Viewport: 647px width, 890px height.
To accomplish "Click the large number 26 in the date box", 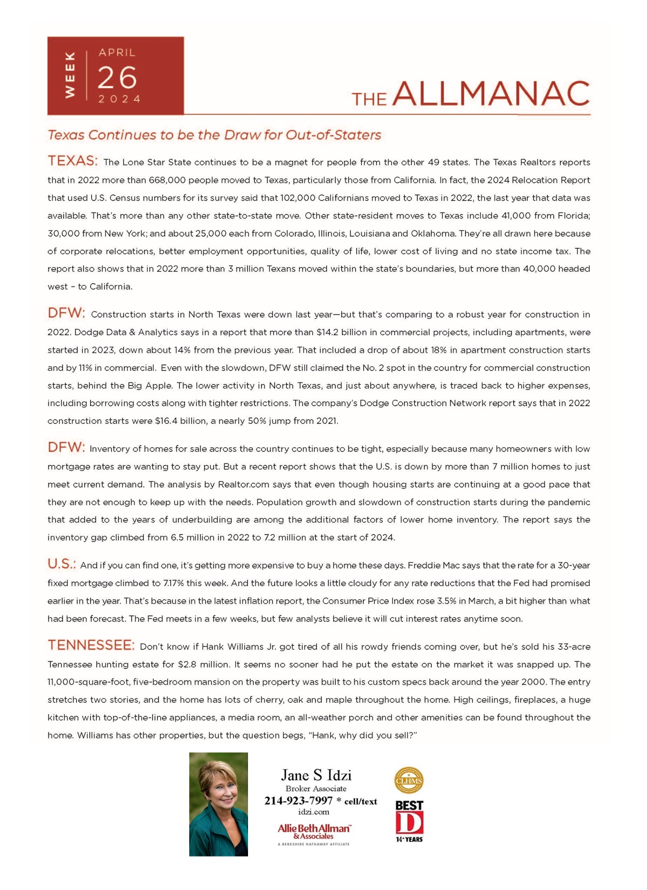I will [117, 78].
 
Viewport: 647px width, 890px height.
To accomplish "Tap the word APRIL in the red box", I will [117, 53].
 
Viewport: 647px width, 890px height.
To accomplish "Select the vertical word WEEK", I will [70, 75].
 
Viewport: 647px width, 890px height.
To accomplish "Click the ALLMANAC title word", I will [491, 94].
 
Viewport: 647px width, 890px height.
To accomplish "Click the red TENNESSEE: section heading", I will [91, 645].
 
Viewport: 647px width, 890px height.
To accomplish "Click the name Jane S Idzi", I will [316, 775].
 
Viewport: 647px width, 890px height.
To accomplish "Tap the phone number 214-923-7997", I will [298, 801].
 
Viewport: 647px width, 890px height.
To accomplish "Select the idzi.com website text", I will [313, 812].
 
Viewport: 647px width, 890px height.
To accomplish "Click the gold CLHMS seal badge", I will [409, 781].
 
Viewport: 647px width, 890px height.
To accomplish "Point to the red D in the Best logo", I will [409, 823].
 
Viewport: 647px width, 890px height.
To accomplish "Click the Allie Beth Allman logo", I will [314, 831].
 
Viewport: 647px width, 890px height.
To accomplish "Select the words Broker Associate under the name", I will [316, 789].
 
